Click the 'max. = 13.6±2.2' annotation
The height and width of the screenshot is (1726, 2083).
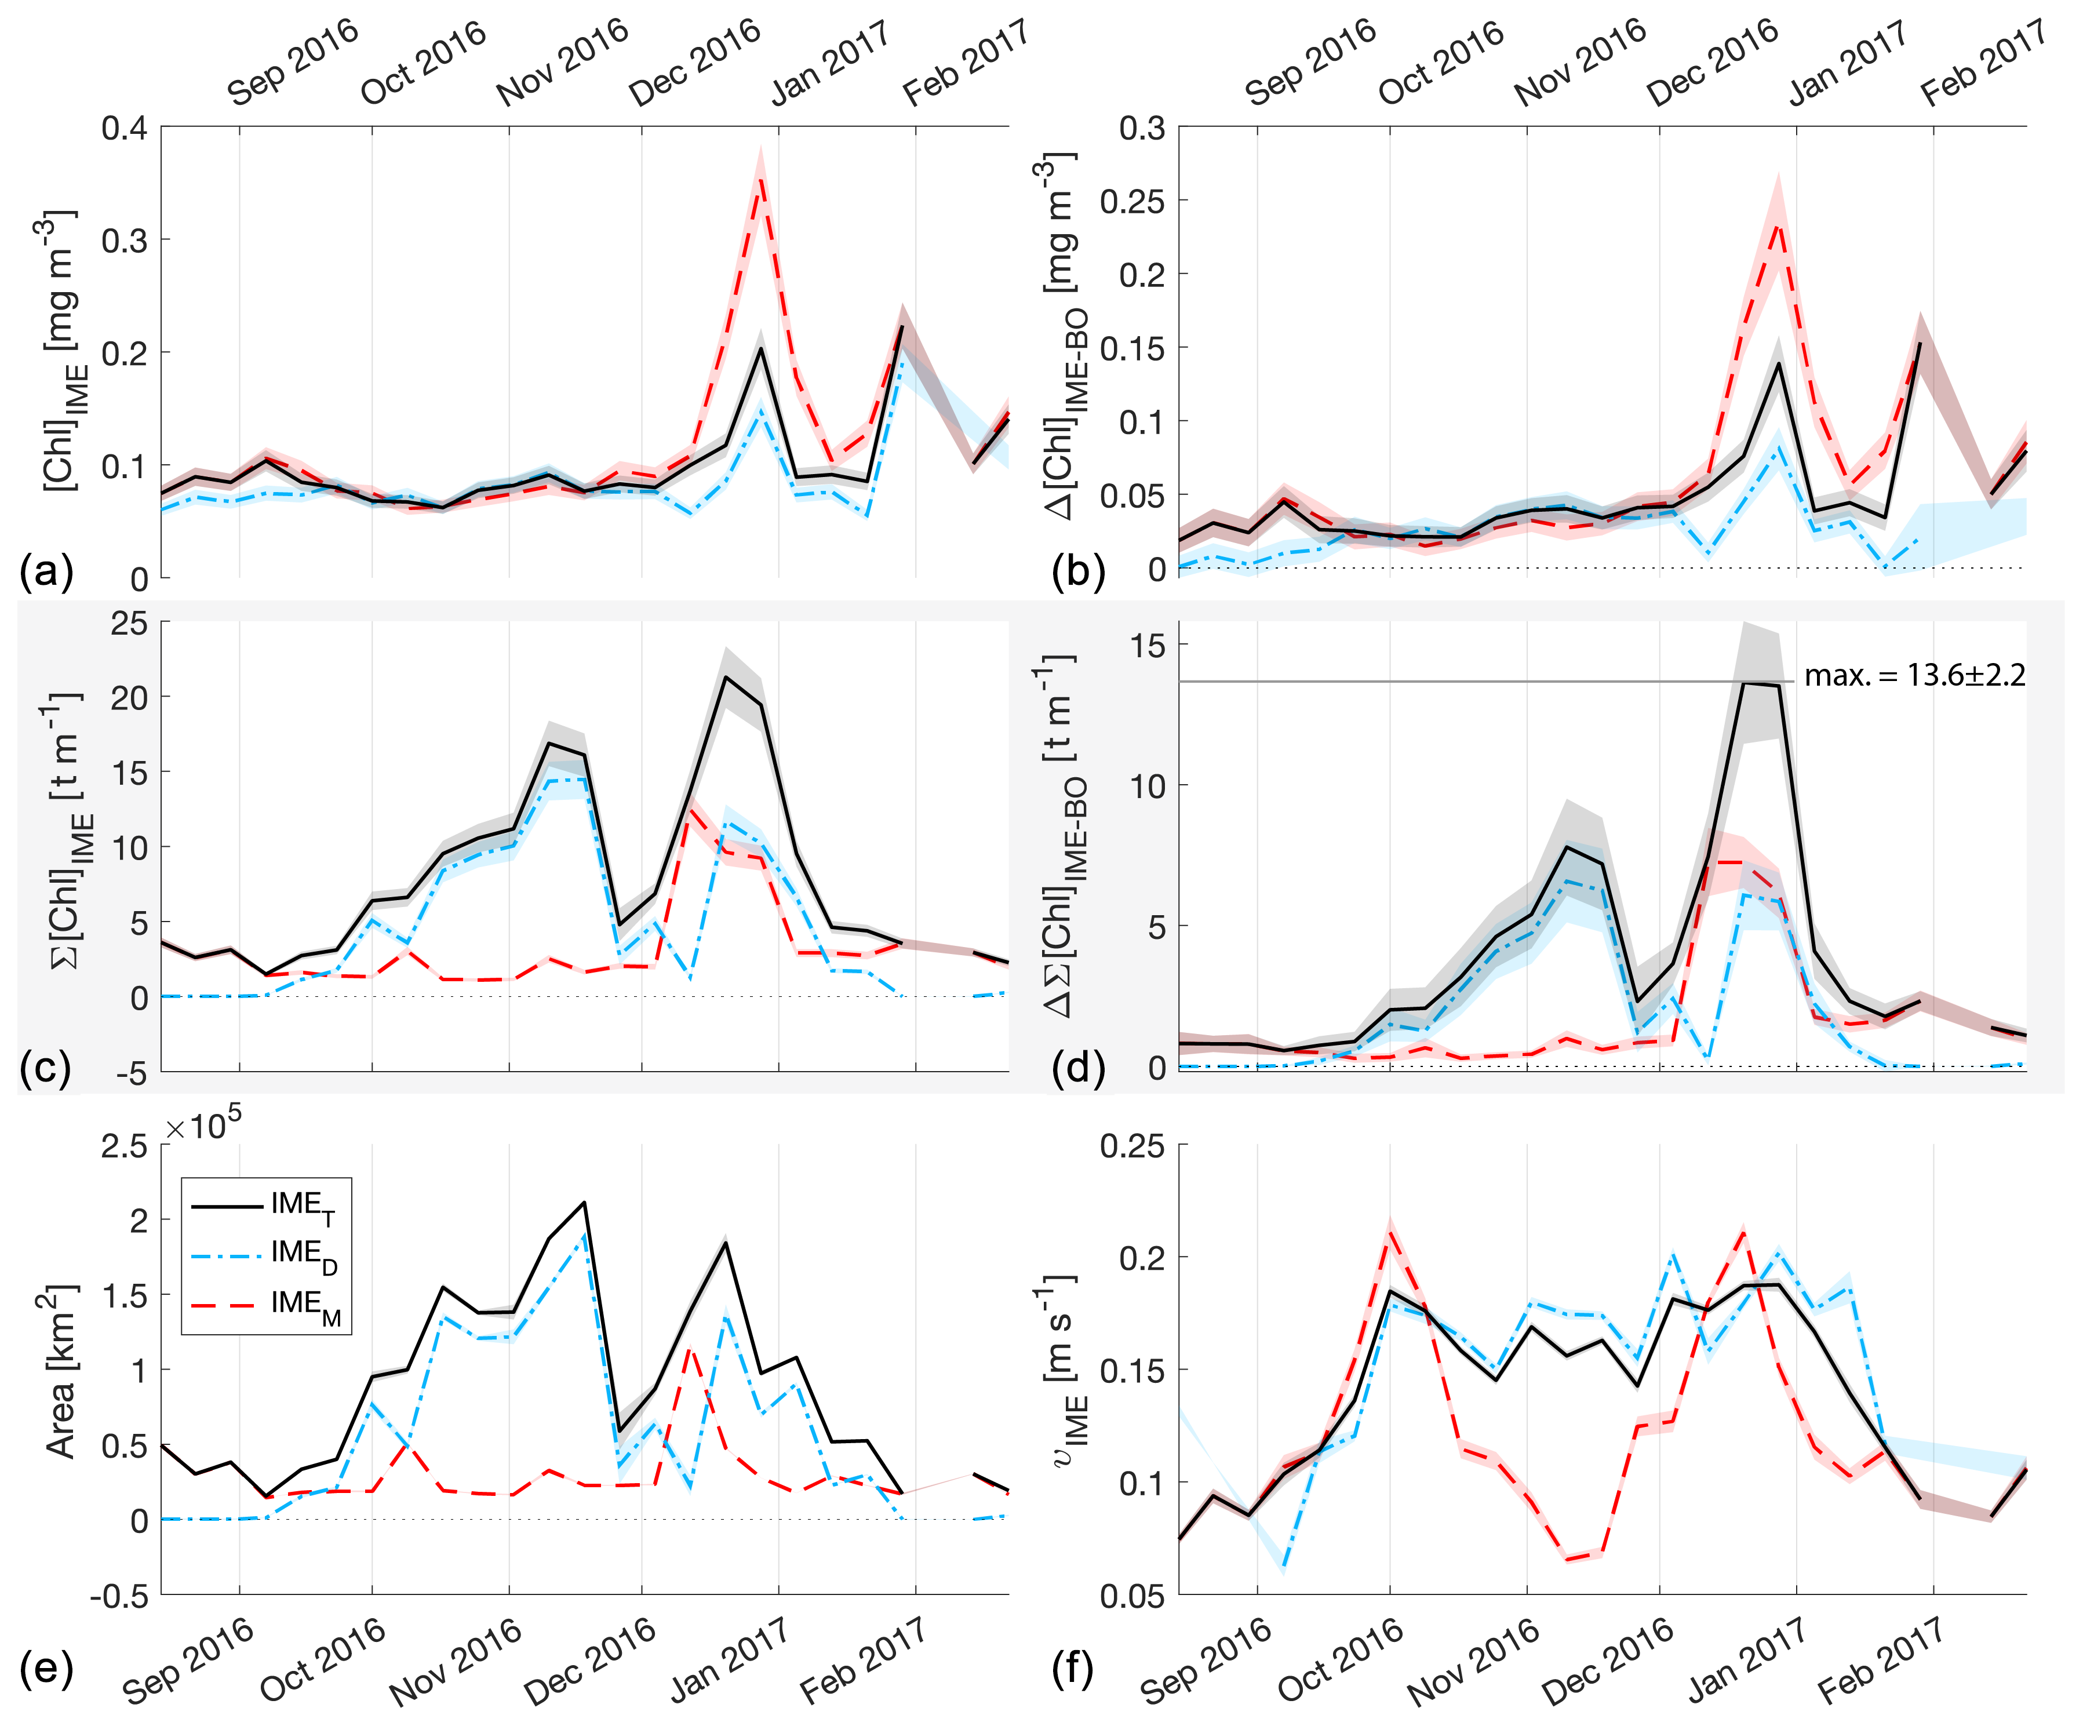pyautogui.click(x=1914, y=676)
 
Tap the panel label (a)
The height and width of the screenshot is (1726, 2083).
pyautogui.click(x=46, y=573)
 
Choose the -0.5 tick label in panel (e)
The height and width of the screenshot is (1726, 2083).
pyautogui.click(x=119, y=1597)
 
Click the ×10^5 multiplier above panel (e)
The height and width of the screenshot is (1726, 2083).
pyautogui.click(x=203, y=1127)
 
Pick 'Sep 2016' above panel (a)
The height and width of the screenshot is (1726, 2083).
pyautogui.click(x=293, y=61)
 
